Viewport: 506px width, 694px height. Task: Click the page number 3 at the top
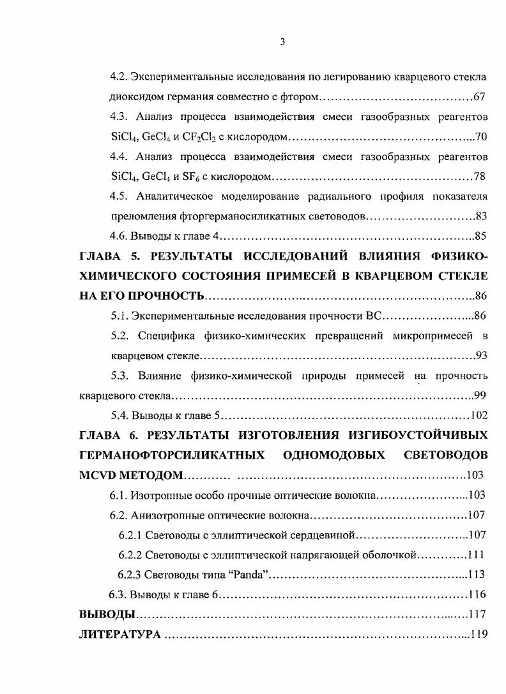(282, 42)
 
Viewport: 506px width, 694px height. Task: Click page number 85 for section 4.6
(480, 237)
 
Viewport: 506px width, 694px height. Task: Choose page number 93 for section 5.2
(480, 355)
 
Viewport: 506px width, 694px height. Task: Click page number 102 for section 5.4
(479, 415)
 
